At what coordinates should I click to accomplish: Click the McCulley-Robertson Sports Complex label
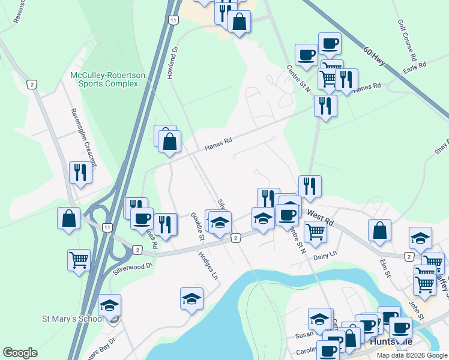(107, 79)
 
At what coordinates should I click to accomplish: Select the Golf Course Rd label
(407, 40)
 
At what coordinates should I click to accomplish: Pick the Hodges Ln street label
(208, 265)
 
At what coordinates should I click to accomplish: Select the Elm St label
(385, 265)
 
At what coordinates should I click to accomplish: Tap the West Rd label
(320, 217)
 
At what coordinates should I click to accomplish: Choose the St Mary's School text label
(53, 319)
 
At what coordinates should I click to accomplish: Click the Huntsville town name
(391, 341)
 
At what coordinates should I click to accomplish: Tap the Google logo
(20, 353)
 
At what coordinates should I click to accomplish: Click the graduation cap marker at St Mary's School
(109, 305)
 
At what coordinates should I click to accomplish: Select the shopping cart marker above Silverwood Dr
(79, 260)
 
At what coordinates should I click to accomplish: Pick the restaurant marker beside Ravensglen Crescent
(80, 173)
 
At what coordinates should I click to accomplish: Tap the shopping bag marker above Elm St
(379, 230)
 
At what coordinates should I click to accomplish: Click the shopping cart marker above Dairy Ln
(315, 232)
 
